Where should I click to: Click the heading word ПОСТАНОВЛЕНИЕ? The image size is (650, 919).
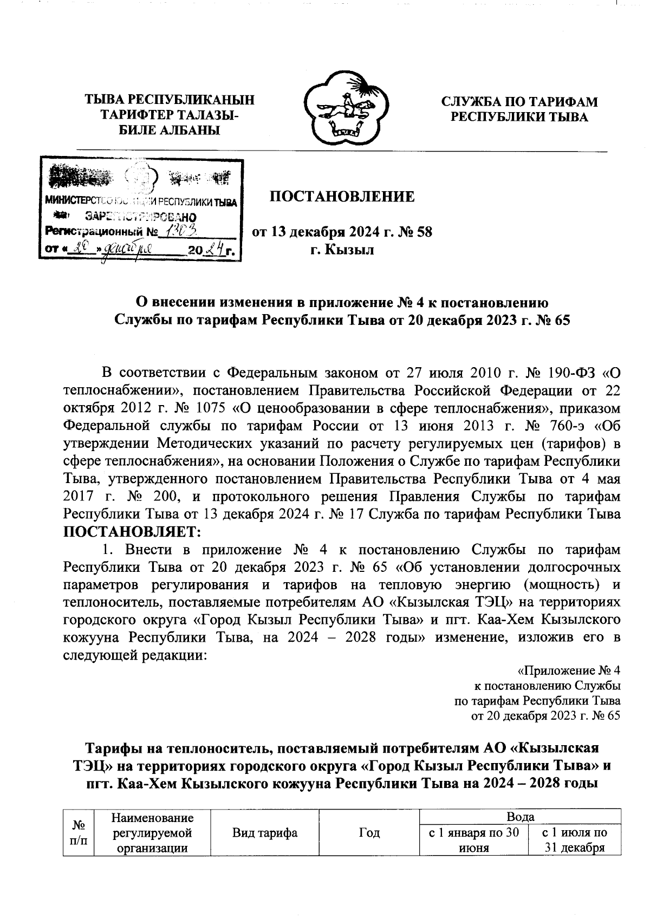(342, 197)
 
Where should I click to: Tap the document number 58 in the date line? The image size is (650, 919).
(422, 233)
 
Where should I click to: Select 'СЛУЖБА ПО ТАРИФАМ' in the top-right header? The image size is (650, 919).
(519, 102)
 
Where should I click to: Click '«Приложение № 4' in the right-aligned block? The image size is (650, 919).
(569, 671)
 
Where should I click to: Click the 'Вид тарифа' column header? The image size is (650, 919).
(265, 833)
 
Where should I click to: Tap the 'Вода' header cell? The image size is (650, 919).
(520, 817)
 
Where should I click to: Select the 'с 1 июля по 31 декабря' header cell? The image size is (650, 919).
(574, 840)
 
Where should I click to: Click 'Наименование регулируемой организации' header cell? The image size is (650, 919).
(153, 832)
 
